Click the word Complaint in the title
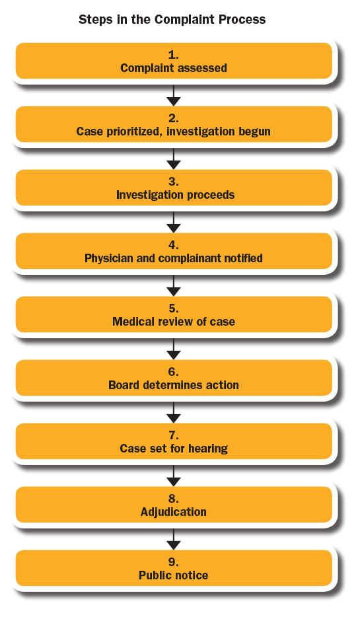184,20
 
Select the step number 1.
174,55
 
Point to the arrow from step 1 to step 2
174,95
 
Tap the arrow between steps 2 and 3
174,159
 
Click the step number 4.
174,245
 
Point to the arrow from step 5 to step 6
174,349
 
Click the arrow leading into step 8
174,476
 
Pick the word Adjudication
174,512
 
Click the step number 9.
174,562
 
